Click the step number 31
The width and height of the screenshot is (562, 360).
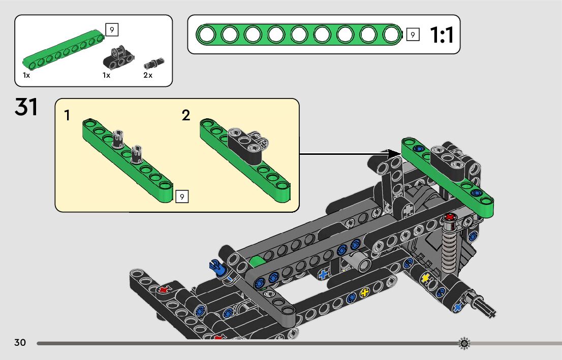click(26, 107)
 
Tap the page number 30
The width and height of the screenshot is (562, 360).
click(20, 342)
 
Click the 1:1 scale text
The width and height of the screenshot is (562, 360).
click(442, 35)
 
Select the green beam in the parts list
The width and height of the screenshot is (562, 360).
click(64, 49)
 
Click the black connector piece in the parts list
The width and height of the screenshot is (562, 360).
click(118, 57)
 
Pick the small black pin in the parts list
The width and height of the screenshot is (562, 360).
click(154, 63)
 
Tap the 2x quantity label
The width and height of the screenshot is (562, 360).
click(148, 75)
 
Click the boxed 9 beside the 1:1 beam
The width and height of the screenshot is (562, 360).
click(413, 35)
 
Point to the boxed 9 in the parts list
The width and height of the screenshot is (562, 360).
click(112, 30)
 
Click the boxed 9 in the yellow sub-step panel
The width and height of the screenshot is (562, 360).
click(182, 197)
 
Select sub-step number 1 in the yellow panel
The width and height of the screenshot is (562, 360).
click(67, 115)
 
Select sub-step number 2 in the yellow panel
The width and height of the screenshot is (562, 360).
click(185, 115)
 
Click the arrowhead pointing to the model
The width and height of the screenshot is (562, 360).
click(395, 154)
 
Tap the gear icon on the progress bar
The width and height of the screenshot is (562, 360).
click(464, 343)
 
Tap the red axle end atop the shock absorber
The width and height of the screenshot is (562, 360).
click(450, 217)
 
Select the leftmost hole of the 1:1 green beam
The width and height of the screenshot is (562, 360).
click(207, 35)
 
